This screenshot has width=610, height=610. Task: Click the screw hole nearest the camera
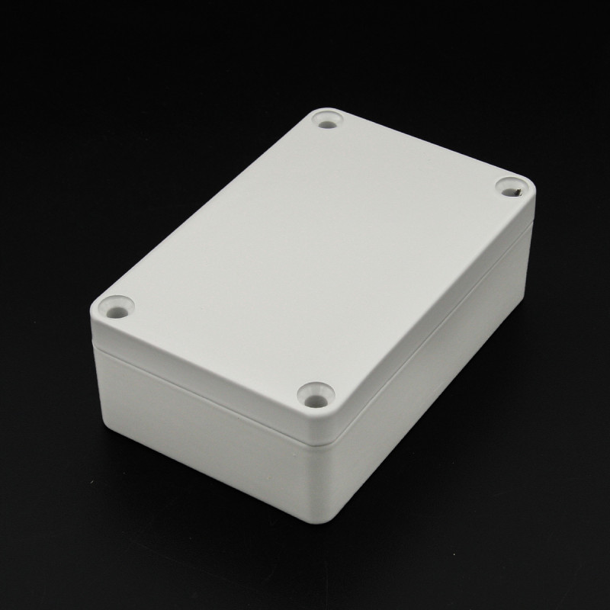point(313,396)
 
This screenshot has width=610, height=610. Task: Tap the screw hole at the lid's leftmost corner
point(117,309)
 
